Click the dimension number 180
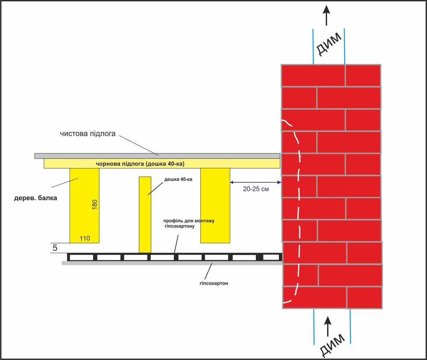click(x=94, y=204)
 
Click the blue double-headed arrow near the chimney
click(x=255, y=182)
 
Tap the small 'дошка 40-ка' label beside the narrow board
click(x=178, y=179)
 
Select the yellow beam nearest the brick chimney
click(x=215, y=205)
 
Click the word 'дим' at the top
click(x=329, y=44)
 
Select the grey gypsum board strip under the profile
click(x=171, y=263)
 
